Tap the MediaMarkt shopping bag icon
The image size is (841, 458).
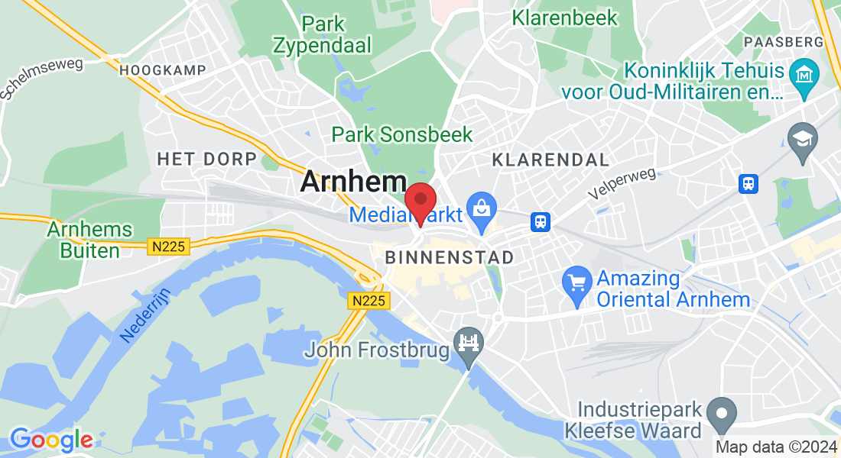(x=481, y=207)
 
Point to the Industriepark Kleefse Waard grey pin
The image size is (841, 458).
(x=721, y=415)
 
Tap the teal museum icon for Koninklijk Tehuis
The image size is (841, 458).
(x=804, y=77)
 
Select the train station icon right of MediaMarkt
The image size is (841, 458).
(x=541, y=222)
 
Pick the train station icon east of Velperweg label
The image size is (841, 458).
(x=748, y=183)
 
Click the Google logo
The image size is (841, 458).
(x=50, y=440)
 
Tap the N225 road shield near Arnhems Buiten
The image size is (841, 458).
(x=167, y=246)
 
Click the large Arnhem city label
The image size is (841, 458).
(x=353, y=182)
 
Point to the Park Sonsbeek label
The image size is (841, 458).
(x=402, y=135)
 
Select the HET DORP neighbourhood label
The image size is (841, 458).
(x=206, y=160)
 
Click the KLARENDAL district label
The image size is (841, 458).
(x=550, y=160)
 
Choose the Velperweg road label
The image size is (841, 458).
(x=622, y=184)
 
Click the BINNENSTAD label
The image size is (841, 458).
(x=450, y=257)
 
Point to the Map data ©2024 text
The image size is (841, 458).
(x=776, y=447)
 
